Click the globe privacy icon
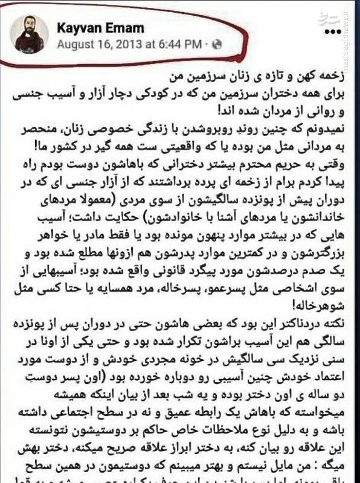click(x=217, y=45)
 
